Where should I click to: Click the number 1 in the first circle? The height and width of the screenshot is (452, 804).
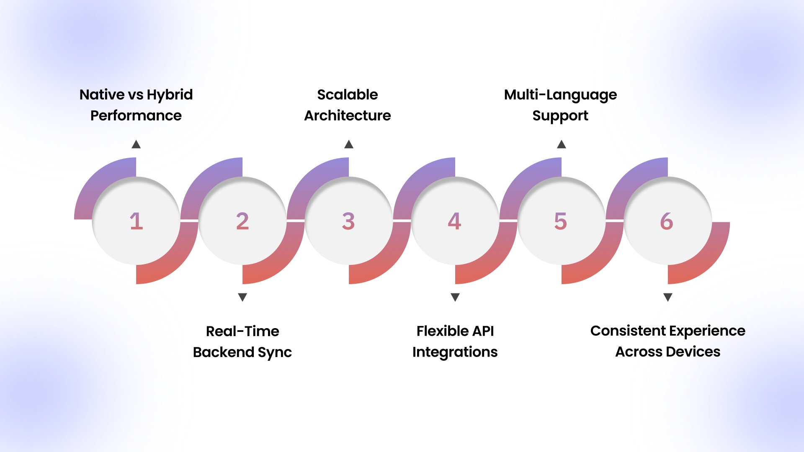(137, 221)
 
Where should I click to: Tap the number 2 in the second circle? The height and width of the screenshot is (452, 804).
(242, 221)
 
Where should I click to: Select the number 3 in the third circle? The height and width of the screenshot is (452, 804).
(348, 221)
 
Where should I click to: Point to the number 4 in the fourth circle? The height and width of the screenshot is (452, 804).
(454, 221)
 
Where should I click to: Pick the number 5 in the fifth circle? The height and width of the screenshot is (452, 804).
(560, 221)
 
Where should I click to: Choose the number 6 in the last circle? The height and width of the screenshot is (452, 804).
(667, 221)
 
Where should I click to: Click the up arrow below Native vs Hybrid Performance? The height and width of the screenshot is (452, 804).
(136, 144)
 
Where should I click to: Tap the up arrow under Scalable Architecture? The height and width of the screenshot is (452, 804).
(349, 144)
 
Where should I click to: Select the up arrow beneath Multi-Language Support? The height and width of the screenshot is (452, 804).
(562, 144)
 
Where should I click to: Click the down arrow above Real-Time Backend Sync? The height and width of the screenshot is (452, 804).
(242, 297)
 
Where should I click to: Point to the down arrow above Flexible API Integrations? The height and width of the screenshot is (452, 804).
(455, 297)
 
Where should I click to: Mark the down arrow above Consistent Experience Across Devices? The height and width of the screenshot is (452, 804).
(668, 297)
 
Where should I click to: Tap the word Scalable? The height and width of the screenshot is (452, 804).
(348, 95)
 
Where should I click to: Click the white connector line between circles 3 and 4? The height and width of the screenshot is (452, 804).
(402, 220)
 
